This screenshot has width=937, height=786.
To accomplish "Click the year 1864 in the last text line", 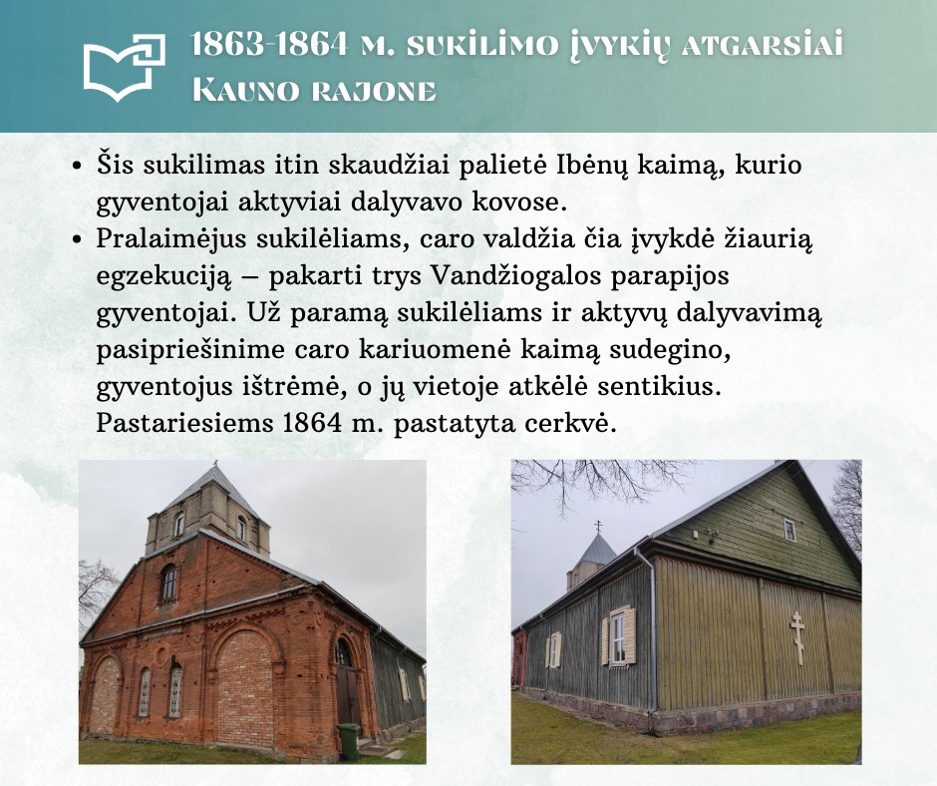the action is [309, 423].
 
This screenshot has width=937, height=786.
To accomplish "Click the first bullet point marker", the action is [76, 166].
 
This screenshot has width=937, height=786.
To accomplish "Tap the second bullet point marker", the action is [76, 239].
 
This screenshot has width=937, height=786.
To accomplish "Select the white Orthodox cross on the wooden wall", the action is [796, 638].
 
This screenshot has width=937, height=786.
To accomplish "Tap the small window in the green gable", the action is [790, 530].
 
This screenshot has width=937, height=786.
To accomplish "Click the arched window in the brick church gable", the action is [169, 583].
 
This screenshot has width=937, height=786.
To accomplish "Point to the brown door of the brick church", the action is [346, 695].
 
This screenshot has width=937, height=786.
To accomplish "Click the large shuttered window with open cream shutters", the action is [618, 635].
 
